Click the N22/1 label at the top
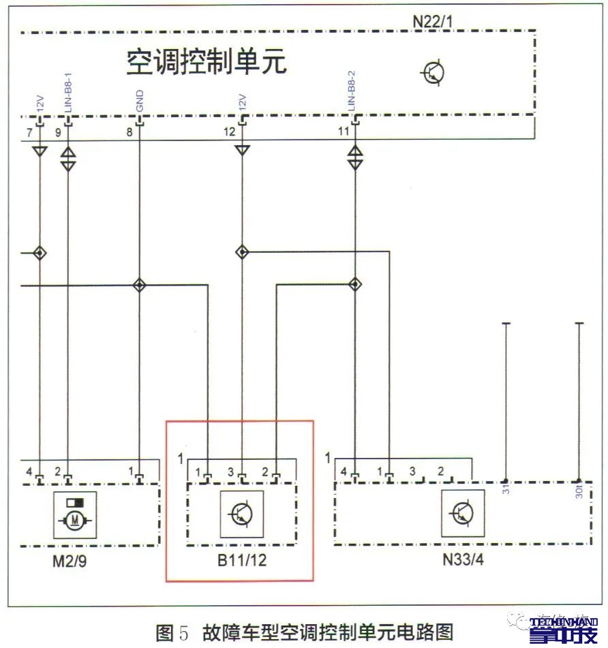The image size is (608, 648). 432,20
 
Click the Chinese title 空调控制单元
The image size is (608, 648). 207,62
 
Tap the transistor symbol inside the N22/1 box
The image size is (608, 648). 434,73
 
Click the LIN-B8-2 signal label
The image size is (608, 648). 352,91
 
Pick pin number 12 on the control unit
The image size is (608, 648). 231,132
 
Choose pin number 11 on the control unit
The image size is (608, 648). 344,132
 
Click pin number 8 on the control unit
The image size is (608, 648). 129,132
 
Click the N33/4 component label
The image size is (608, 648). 461,563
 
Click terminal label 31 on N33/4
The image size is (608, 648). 505,491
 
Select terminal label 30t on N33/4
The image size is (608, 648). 578,492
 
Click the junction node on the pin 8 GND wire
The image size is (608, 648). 140,285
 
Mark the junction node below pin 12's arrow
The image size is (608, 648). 242,252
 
